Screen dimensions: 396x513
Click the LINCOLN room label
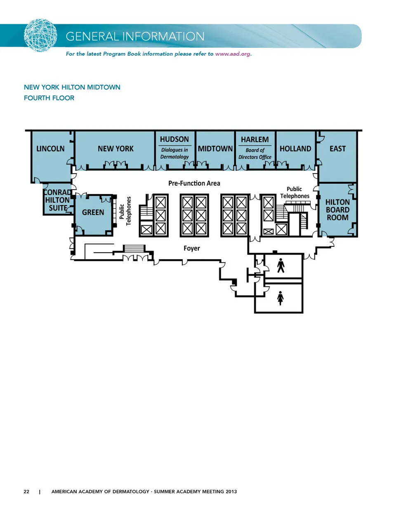(x=50, y=148)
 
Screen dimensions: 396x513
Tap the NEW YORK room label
(x=115, y=148)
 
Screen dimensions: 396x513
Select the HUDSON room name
(x=174, y=139)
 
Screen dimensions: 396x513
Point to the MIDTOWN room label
(x=215, y=148)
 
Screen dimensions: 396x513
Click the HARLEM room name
(x=255, y=140)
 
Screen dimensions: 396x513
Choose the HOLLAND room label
(x=295, y=148)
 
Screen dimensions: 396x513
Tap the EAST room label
(x=338, y=148)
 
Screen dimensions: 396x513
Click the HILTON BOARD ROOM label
(x=337, y=210)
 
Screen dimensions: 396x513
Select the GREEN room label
(x=93, y=212)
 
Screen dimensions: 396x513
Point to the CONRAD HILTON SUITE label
(x=58, y=200)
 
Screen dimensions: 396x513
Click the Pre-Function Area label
(x=194, y=183)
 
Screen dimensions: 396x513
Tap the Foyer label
(x=192, y=248)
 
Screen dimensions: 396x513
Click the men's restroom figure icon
(x=280, y=265)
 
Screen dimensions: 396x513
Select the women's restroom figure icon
(x=280, y=298)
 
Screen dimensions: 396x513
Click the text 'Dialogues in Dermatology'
(x=174, y=153)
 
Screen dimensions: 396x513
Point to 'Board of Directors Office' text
(x=255, y=153)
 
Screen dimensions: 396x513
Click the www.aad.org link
(x=233, y=54)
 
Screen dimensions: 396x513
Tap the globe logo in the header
(x=40, y=35)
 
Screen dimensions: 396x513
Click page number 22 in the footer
(x=26, y=492)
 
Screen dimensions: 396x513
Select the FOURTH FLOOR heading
(x=49, y=98)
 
